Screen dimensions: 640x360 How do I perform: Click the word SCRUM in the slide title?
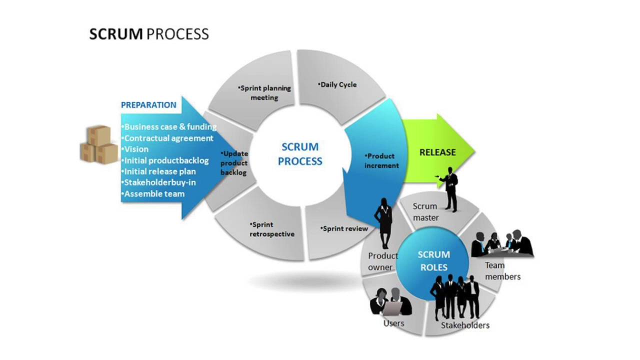(x=116, y=34)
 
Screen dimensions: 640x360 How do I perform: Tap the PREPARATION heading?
(x=148, y=105)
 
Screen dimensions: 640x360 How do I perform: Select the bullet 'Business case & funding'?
(x=169, y=127)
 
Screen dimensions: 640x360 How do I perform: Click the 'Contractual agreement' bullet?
(x=167, y=138)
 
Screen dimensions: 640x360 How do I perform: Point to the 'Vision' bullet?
(x=135, y=149)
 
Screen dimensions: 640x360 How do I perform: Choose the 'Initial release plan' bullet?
(x=159, y=171)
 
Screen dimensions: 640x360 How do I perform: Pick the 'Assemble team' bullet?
(x=153, y=194)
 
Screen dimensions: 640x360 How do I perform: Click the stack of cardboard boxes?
(x=99, y=144)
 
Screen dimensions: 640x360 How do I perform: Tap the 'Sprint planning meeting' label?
(x=264, y=93)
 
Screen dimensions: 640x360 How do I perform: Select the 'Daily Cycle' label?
(x=337, y=84)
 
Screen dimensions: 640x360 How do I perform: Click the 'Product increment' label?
(x=381, y=161)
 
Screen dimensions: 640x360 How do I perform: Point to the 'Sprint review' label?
(x=344, y=228)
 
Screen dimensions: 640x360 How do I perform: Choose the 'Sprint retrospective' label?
(x=271, y=229)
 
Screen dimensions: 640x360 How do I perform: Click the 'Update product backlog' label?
(x=234, y=163)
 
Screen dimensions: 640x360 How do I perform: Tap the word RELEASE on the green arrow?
(x=437, y=152)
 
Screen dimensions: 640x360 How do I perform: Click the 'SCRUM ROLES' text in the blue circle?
(x=433, y=261)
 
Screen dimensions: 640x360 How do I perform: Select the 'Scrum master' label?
(x=425, y=212)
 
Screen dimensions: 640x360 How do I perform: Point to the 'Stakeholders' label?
(x=465, y=325)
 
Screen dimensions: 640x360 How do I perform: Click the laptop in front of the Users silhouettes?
(x=392, y=307)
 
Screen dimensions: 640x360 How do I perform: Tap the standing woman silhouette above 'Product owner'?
(x=383, y=223)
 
